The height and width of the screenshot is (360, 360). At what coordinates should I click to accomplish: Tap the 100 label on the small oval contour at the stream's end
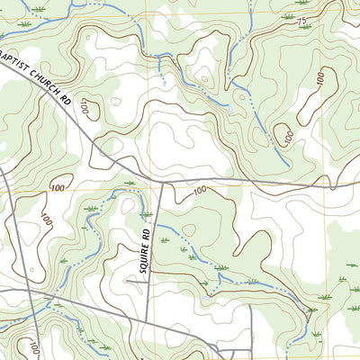click(287, 137)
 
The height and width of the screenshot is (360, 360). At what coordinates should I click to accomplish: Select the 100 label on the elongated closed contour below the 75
click(320, 79)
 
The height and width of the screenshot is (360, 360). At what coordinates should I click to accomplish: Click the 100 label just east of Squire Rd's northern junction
click(198, 189)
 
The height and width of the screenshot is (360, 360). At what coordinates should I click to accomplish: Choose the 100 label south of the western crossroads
click(35, 346)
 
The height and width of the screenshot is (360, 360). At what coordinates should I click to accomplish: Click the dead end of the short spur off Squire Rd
click(125, 281)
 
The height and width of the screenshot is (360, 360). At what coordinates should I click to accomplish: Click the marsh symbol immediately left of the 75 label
click(286, 16)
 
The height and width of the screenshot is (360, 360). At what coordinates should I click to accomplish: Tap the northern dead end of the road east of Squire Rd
click(250, 306)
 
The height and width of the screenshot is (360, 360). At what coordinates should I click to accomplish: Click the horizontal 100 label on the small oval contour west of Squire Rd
click(58, 187)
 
